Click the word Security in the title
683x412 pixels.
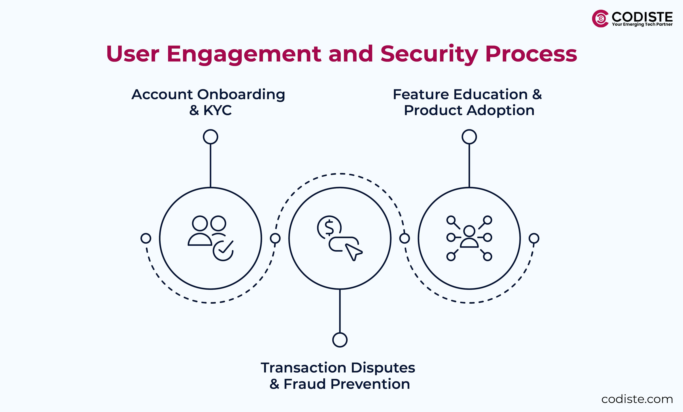[428, 54]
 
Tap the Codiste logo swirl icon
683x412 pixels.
[600, 18]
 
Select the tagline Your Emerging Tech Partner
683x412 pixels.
[642, 24]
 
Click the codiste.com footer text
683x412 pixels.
[637, 399]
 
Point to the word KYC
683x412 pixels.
[217, 110]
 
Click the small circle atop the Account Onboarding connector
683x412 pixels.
[210, 137]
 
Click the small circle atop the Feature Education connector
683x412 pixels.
[469, 137]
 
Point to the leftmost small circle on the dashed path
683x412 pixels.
[146, 238]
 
